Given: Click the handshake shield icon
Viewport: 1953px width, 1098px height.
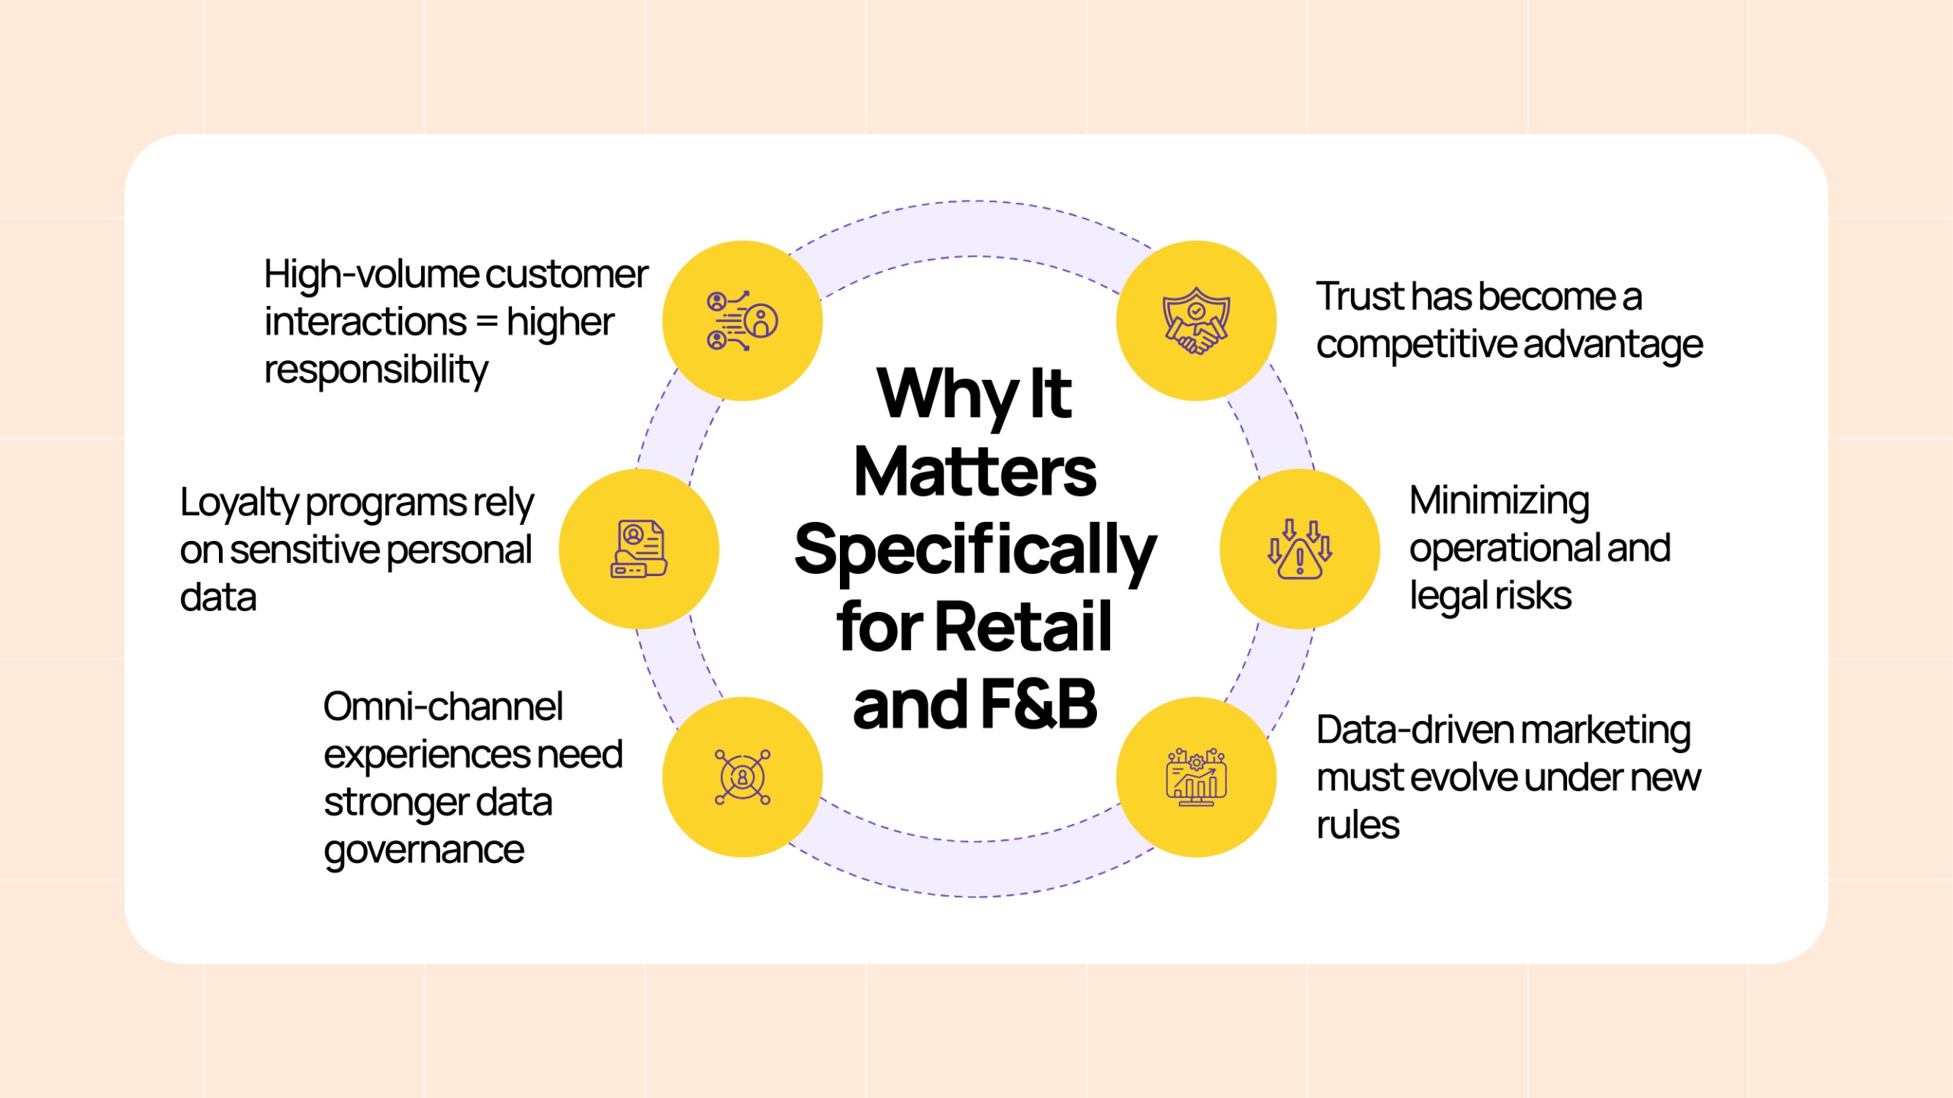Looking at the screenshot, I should tap(1195, 321).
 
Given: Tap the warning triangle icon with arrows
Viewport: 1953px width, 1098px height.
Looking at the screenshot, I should tap(1299, 549).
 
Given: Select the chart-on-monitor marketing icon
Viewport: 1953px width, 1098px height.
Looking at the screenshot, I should tap(1195, 777).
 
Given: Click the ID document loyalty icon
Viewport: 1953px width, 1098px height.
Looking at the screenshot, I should tap(639, 549).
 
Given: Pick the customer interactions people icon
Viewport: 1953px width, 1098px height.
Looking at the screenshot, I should tap(742, 321).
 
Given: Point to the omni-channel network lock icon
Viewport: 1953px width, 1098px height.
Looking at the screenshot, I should tap(742, 777).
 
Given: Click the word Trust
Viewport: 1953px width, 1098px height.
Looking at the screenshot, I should tap(1359, 297).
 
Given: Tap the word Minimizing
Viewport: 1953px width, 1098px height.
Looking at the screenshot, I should tap(1498, 502).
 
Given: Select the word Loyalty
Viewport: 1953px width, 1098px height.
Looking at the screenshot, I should tap(238, 504).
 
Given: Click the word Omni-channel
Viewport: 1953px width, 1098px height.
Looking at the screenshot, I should tap(442, 707).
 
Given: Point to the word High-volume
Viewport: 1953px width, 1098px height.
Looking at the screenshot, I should tap(370, 275).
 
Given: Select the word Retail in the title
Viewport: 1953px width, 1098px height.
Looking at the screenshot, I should tap(1022, 627).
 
